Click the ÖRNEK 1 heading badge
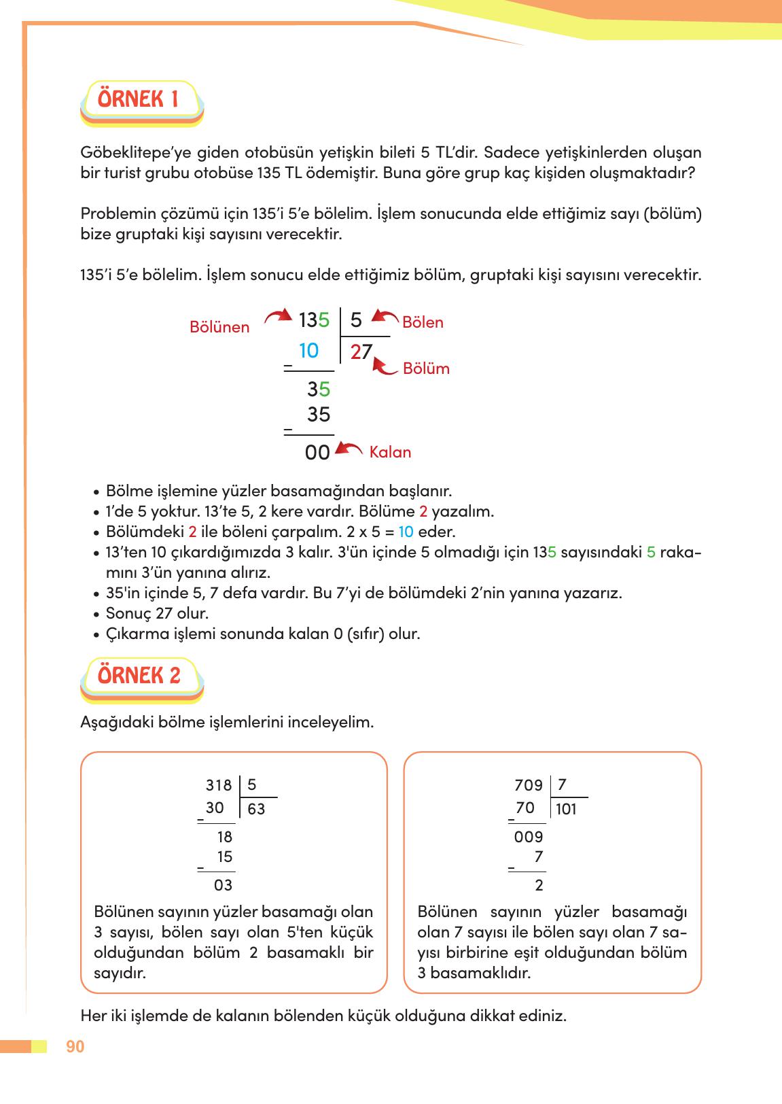tap(139, 100)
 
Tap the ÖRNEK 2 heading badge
tap(139, 676)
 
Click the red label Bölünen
tap(219, 328)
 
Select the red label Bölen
tap(423, 323)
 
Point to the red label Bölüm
tap(426, 369)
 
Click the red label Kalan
tap(390, 453)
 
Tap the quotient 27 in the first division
tap(361, 352)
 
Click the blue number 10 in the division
tap(308, 351)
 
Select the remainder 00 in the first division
tap(317, 453)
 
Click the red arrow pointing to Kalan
tap(350, 449)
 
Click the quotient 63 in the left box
tap(256, 810)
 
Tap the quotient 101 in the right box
tap(565, 810)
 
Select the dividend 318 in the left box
tap(219, 786)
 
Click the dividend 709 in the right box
tap(529, 786)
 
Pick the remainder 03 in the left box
tap(223, 886)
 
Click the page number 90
tap(75, 1047)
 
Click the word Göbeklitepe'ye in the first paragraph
tap(126, 152)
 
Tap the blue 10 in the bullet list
tap(406, 532)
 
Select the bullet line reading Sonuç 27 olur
tap(157, 614)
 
